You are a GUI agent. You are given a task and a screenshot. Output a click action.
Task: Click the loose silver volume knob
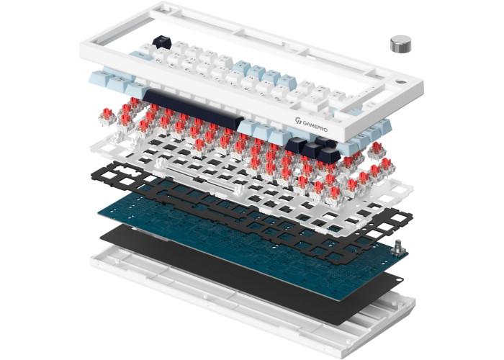tap(400, 44)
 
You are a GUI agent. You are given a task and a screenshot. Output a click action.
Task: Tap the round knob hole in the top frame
tap(400, 82)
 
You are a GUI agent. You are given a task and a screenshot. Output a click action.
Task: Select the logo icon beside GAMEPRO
tap(298, 120)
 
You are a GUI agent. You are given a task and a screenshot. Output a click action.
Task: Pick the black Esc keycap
tap(162, 42)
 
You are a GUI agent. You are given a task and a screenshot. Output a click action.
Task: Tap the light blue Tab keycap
tap(141, 55)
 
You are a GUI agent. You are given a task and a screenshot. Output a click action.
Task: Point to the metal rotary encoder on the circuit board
tap(399, 248)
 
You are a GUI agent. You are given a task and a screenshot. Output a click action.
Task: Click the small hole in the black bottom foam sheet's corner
tap(399, 280)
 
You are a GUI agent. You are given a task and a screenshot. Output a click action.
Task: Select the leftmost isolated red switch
tap(107, 117)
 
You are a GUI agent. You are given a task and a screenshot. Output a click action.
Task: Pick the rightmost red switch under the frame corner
tap(377, 150)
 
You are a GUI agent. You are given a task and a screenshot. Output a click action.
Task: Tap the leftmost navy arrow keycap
tap(296, 145)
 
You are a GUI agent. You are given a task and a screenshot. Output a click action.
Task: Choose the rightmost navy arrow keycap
tap(329, 155)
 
